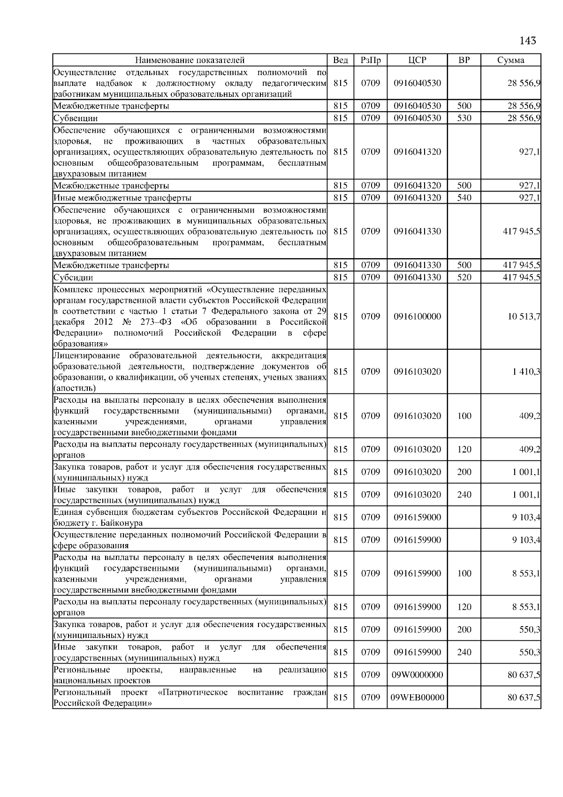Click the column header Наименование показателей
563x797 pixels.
[x=190, y=60]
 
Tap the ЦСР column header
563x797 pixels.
[x=417, y=60]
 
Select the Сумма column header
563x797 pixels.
[x=511, y=60]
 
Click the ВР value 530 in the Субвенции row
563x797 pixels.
[x=464, y=118]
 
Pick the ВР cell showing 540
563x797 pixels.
[x=464, y=198]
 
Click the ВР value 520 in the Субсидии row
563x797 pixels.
[x=464, y=277]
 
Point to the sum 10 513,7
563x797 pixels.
[x=524, y=317]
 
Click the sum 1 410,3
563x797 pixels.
[x=526, y=372]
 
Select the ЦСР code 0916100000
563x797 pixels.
[x=417, y=317]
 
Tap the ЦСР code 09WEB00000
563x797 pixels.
[x=417, y=697]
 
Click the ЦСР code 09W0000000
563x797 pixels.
[x=417, y=675]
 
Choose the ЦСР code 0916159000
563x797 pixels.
[x=417, y=517]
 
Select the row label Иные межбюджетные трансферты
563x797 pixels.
[x=122, y=198]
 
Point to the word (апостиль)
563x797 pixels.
[x=75, y=388]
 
